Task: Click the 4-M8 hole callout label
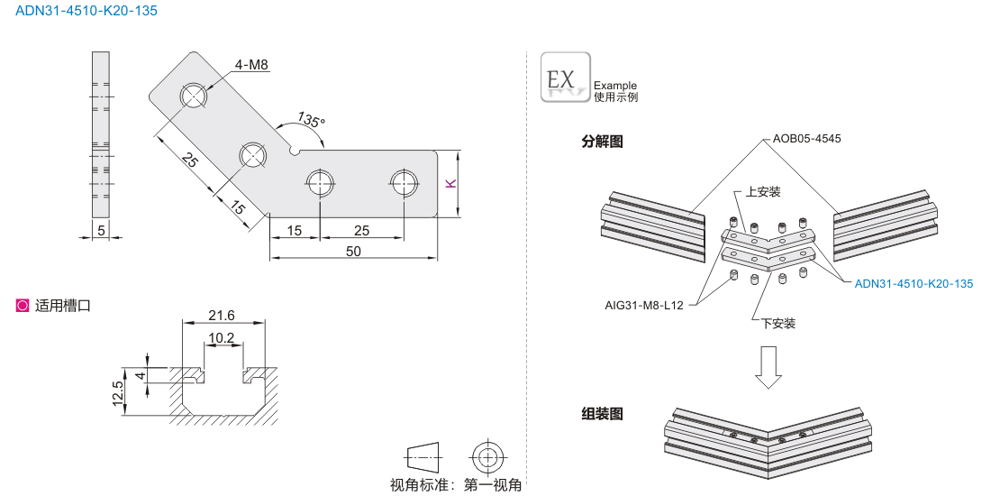[251, 64]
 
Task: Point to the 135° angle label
[311, 120]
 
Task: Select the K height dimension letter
[450, 183]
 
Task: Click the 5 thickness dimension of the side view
[101, 231]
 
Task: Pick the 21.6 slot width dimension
[221, 315]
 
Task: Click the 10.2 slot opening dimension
[221, 338]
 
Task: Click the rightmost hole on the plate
[405, 182]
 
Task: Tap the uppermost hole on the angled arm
[194, 95]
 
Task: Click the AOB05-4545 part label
[806, 139]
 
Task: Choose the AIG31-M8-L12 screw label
[645, 305]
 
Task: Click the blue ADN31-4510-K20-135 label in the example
[914, 284]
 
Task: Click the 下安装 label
[777, 322]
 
